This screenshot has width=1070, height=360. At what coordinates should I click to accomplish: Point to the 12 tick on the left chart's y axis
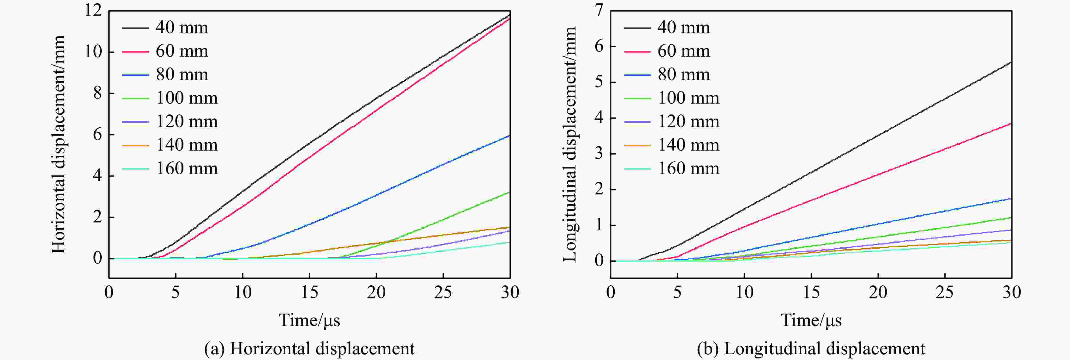pyautogui.click(x=93, y=11)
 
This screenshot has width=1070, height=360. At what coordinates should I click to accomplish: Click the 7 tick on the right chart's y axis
pyautogui.click(x=599, y=11)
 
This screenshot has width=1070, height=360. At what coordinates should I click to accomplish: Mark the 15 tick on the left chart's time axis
pyautogui.click(x=309, y=293)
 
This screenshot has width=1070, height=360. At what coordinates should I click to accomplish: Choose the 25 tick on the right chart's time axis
pyautogui.click(x=945, y=293)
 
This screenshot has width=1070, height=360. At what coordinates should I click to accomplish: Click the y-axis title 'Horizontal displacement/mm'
pyautogui.click(x=59, y=145)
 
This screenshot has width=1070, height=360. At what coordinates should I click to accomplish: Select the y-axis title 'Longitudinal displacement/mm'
pyautogui.click(x=570, y=145)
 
